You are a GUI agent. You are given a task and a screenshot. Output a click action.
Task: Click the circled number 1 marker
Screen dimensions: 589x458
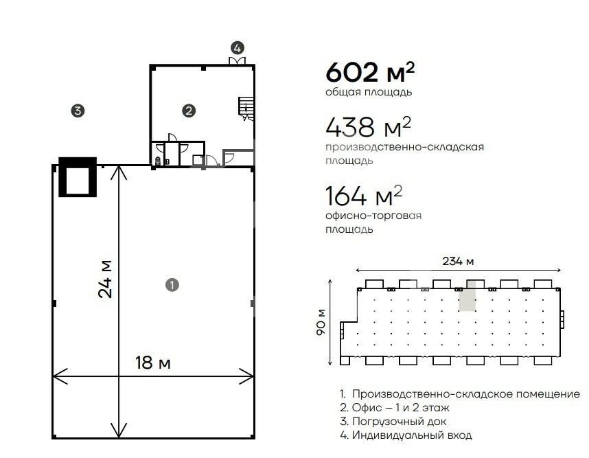pos(172,285)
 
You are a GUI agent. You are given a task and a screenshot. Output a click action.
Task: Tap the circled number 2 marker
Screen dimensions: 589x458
pos(189,111)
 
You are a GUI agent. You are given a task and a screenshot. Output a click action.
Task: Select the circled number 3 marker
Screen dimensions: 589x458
pos(78,111)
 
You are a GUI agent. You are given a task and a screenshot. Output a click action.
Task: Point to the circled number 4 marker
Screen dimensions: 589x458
pos(238,47)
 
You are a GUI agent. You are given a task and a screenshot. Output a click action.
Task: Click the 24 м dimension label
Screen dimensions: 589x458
pos(105,279)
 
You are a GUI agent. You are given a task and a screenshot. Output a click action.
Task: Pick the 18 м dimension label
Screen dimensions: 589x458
pos(153,363)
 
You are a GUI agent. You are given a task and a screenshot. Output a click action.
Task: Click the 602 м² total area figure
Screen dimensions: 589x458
pos(370,72)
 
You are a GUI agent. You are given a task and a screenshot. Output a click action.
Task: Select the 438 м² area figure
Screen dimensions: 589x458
pos(368,126)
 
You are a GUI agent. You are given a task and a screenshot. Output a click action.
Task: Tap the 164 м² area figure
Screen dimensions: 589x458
pos(364,196)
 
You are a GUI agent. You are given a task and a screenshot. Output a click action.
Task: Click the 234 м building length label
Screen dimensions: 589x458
pos(458,261)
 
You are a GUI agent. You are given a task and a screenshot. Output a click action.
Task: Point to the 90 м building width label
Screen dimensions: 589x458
pos(321,322)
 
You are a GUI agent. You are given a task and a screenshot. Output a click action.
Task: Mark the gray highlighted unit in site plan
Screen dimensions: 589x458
pos(467,296)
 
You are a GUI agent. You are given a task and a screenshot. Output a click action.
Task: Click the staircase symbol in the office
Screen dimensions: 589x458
pos(246,109)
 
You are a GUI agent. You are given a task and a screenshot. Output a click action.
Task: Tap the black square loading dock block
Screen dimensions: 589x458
pos(78,176)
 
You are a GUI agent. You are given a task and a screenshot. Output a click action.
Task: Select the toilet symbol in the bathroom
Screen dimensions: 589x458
pos(158,161)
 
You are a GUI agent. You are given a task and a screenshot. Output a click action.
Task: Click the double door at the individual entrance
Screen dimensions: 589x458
pos(237,61)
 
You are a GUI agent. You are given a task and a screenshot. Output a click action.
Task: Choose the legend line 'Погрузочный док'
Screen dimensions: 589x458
pos(393,422)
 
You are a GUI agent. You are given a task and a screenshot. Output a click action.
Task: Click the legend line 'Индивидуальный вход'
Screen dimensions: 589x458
pos(406,435)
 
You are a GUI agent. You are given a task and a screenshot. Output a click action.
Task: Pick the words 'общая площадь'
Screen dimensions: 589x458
pos(369,92)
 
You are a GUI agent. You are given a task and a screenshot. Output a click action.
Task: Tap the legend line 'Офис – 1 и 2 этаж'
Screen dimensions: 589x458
pos(395,408)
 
